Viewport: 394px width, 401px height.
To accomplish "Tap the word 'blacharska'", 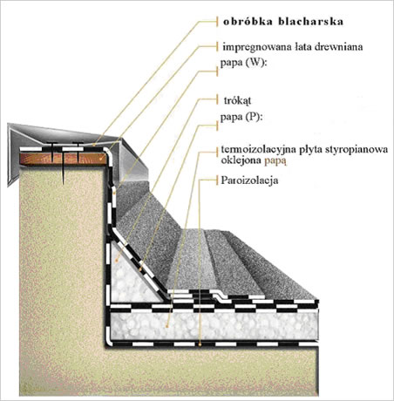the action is coord(311,22).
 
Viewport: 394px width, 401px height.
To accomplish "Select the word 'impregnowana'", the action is coord(255,47).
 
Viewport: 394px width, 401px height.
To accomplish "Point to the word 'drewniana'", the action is coord(340,47).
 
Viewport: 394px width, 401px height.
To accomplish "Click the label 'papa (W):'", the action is coord(243,63).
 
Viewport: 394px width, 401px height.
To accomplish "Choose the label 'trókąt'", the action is coord(237,101).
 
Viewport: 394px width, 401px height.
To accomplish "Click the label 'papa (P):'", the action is coord(241,117).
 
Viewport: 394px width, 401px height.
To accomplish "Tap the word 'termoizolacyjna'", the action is coord(256,150).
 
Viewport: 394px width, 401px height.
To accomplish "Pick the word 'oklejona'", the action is coord(241,160).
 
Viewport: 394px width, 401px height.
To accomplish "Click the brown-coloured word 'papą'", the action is coord(275,161).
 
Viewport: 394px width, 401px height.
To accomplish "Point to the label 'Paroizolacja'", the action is coord(249,180).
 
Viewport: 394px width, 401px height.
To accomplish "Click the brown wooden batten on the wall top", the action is coord(63,159).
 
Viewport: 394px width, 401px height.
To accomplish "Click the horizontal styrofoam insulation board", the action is coord(214,325).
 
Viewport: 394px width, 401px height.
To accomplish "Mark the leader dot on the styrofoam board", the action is coord(167,327).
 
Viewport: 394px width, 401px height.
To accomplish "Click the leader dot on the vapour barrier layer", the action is coord(200,344).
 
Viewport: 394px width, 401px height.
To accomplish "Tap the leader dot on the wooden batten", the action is coord(101,159).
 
